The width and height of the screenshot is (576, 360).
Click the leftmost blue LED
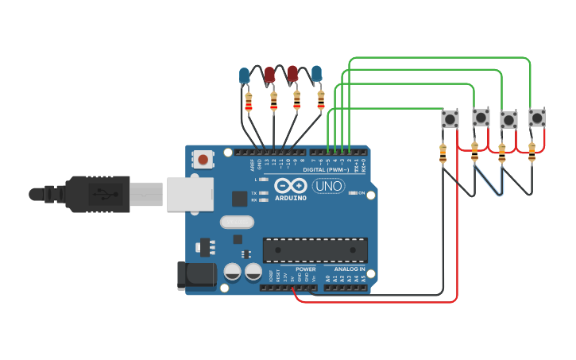coord(244,76)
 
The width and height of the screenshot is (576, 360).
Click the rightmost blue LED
coord(317,75)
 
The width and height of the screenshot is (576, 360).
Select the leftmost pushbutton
coord(450,119)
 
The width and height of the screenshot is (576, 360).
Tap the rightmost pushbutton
coord(538,118)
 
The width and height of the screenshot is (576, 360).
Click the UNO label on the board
coord(328,186)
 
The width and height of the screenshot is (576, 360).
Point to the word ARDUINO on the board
coord(290,198)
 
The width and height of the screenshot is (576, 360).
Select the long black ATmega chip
coord(315,250)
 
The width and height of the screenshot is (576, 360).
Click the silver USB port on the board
coord(191,194)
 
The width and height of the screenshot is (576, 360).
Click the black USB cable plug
coord(87,194)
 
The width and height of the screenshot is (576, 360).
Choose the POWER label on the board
coord(305,269)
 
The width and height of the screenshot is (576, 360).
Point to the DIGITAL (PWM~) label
coord(326,170)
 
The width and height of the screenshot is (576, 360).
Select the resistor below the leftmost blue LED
coord(249,102)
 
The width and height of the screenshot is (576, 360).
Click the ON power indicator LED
coord(354,193)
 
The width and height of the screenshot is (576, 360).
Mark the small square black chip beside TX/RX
coord(238,199)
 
